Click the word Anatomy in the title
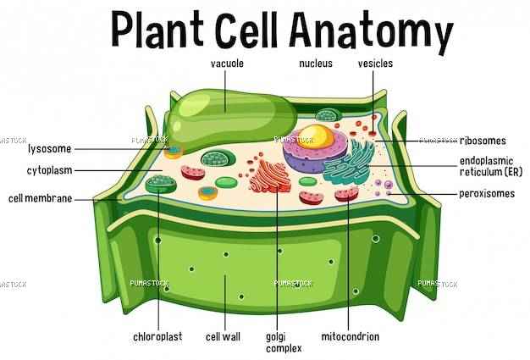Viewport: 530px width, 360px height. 371,31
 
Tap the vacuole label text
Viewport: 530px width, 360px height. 227,64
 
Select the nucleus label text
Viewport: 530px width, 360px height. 316,64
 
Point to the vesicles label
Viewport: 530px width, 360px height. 375,64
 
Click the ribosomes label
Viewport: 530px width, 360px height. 483,141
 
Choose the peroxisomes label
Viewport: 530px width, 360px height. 487,194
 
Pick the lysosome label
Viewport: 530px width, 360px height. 50,149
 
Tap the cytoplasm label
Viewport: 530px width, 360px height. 50,170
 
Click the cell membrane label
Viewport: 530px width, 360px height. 41,198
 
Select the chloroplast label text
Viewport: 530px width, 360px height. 157,336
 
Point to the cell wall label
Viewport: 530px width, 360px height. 223,336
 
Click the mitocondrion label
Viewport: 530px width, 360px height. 351,336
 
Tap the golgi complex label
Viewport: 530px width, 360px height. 284,342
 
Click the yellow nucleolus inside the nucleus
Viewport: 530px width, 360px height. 315,136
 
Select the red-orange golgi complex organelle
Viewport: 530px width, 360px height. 270,176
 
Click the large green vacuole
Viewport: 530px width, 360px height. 230,119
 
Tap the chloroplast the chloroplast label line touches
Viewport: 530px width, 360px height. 161,184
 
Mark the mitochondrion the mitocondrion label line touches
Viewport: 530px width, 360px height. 346,194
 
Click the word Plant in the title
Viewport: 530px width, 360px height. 157,30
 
